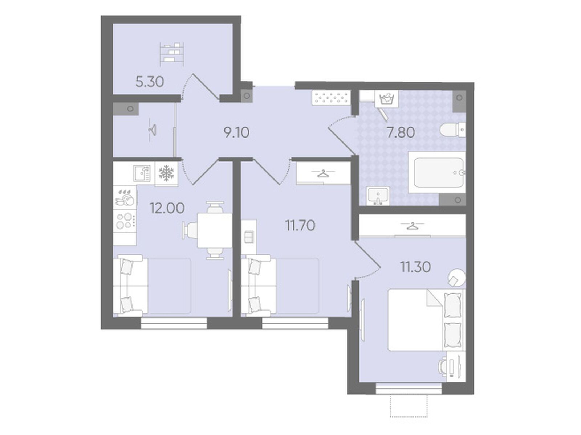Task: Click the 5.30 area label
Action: click(150, 82)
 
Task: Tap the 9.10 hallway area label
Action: click(236, 132)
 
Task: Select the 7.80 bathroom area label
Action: click(401, 132)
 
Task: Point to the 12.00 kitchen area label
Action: click(167, 208)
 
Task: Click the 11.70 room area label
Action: click(300, 226)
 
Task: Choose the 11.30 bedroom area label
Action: click(415, 267)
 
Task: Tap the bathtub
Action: click(437, 172)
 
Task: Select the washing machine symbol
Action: click(387, 99)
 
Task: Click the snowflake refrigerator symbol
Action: click(166, 173)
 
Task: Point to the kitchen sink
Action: click(142, 173)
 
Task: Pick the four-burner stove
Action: click(125, 221)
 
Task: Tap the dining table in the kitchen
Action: click(215, 230)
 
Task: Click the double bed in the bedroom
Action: click(426, 320)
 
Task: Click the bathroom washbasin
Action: click(378, 196)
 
